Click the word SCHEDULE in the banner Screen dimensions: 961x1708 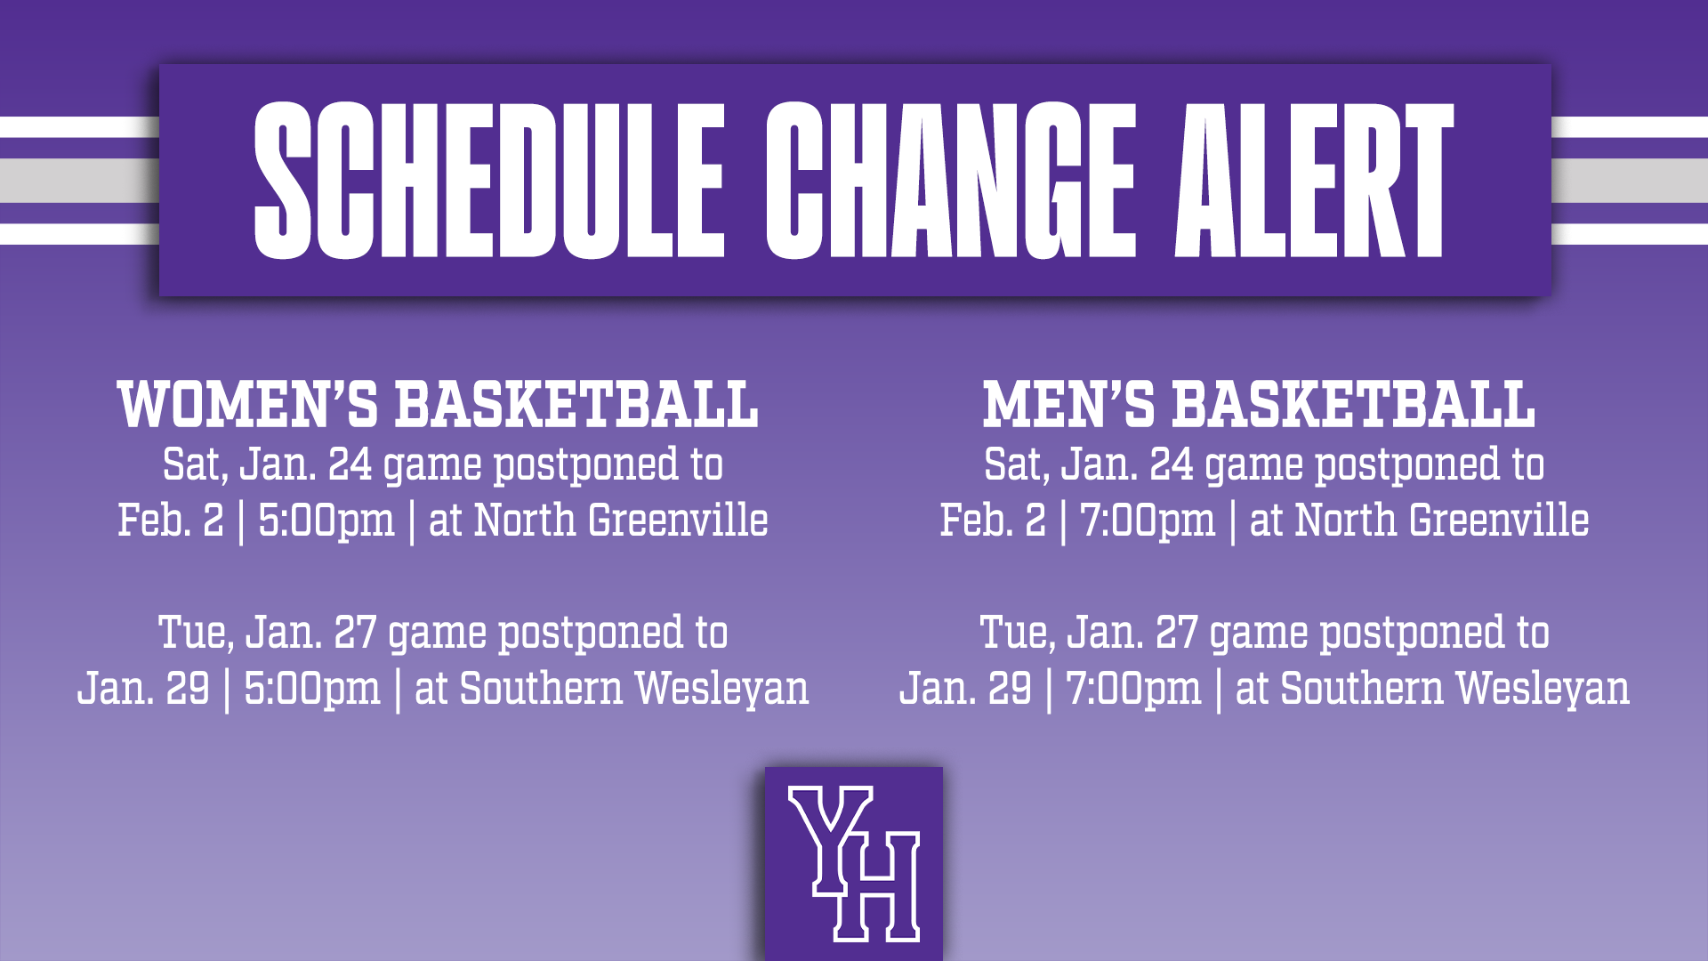click(x=489, y=180)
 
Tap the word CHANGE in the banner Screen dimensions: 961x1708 click(x=950, y=180)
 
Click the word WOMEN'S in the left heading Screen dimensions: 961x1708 click(x=248, y=405)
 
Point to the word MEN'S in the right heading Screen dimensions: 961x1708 click(x=1068, y=405)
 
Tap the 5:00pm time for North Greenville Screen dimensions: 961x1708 click(x=326, y=521)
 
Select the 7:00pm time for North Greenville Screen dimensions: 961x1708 click(x=1148, y=521)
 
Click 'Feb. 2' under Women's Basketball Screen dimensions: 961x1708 click(x=171, y=521)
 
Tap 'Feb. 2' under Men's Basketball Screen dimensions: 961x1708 click(x=993, y=521)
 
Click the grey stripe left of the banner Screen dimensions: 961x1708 click(x=78, y=181)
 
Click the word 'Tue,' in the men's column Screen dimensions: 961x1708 click(x=1018, y=634)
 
